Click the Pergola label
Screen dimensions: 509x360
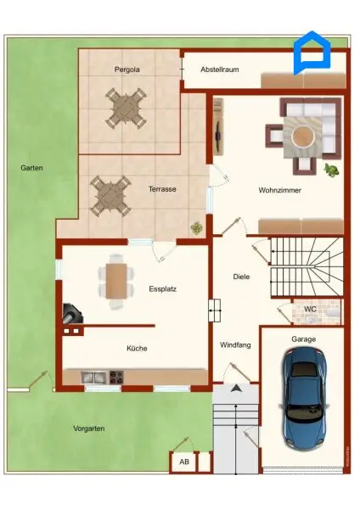127,69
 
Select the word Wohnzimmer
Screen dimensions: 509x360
280,190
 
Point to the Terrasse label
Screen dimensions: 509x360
161,188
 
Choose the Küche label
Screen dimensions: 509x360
138,348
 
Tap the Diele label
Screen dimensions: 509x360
242,277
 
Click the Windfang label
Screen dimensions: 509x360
235,345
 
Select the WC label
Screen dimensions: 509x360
310,310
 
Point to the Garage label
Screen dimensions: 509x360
303,339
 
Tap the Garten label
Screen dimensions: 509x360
32,168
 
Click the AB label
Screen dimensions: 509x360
183,462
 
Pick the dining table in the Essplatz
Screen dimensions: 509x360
116,280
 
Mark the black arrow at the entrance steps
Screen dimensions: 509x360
235,389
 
